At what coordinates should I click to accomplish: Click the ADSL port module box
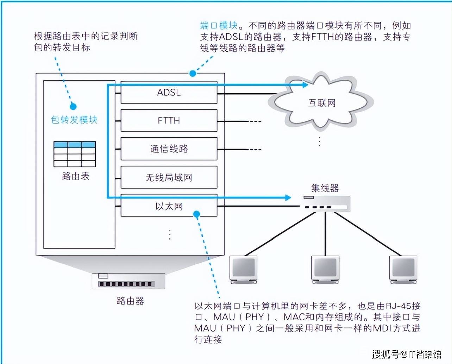click(169, 93)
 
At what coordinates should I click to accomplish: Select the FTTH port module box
click(169, 120)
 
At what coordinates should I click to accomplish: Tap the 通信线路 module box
click(169, 149)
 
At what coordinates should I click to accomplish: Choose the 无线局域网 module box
click(169, 177)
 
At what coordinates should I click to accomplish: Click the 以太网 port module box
click(169, 206)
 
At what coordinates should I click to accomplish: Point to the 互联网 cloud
click(322, 103)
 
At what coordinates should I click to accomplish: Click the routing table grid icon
click(75, 154)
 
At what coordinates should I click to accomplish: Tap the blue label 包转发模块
click(74, 120)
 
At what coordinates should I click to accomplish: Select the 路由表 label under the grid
click(76, 176)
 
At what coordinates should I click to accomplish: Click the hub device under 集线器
click(326, 203)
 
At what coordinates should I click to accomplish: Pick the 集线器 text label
click(325, 188)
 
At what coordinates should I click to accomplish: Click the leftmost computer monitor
click(243, 269)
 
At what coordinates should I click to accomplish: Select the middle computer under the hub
click(325, 269)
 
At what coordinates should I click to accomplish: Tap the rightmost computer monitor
click(403, 269)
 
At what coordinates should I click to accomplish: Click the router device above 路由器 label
click(128, 281)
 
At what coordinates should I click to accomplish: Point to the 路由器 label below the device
click(130, 301)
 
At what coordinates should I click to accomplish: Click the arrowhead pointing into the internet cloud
click(305, 84)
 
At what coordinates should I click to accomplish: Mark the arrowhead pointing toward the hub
click(288, 197)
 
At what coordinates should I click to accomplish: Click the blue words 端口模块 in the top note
click(219, 25)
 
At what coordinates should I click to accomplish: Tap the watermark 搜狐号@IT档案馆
click(406, 353)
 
